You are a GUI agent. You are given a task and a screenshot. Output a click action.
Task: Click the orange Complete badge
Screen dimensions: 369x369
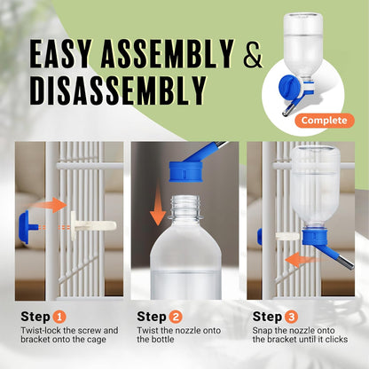(x=323, y=120)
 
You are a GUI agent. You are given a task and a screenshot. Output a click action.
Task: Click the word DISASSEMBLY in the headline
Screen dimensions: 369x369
(x=119, y=89)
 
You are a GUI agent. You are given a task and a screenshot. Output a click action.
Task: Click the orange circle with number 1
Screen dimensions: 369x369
(x=60, y=315)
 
